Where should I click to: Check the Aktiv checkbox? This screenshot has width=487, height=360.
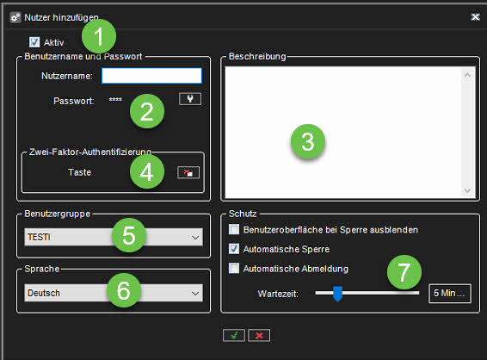click(x=34, y=42)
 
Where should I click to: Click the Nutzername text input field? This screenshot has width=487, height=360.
click(x=151, y=76)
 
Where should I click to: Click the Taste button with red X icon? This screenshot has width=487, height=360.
click(x=188, y=172)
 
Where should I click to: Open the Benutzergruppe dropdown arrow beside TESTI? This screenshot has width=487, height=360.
click(x=195, y=238)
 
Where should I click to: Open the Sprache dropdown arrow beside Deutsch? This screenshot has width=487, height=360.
click(x=195, y=293)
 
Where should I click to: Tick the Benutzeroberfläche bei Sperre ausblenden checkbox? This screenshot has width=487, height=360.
click(x=234, y=229)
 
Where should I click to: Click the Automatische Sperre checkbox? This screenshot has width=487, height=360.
click(x=234, y=249)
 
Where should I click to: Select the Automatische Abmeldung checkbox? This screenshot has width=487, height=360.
click(x=234, y=268)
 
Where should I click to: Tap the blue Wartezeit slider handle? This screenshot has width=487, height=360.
click(x=337, y=294)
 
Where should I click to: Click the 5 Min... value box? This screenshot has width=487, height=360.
click(x=450, y=293)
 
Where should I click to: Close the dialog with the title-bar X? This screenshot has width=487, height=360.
click(x=475, y=16)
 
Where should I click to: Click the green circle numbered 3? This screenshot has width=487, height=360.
click(x=308, y=141)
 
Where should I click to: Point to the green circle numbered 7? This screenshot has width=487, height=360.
click(x=404, y=272)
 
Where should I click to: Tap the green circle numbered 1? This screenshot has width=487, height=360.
click(x=99, y=36)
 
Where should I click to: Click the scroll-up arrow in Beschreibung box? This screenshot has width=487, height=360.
click(x=467, y=75)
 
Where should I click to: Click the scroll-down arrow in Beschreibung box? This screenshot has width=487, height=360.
click(x=467, y=190)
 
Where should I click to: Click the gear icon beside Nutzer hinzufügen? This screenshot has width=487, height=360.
click(x=15, y=17)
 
